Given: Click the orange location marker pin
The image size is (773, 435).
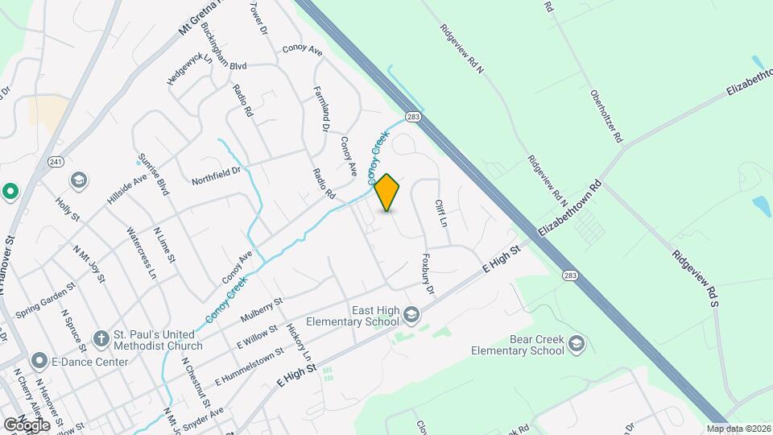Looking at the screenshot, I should coord(387,193).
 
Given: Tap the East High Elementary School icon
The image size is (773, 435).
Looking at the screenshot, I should coord(411,313).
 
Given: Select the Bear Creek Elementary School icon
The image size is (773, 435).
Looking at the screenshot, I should coord(577,344).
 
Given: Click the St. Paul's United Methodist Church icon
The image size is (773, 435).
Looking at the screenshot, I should coord(101,338).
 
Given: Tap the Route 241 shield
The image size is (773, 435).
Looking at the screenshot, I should coord(55,161).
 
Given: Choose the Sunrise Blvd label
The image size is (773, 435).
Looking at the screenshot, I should coord(153,176).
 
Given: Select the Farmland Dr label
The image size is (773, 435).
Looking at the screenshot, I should coord(320,109).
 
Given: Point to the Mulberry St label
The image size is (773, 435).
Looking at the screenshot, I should coord(262,310).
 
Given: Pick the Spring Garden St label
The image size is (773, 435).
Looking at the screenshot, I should coord(45,298).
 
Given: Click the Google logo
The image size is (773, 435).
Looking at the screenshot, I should coord(27,425).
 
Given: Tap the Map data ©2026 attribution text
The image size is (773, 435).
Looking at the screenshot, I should coord(738,429).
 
